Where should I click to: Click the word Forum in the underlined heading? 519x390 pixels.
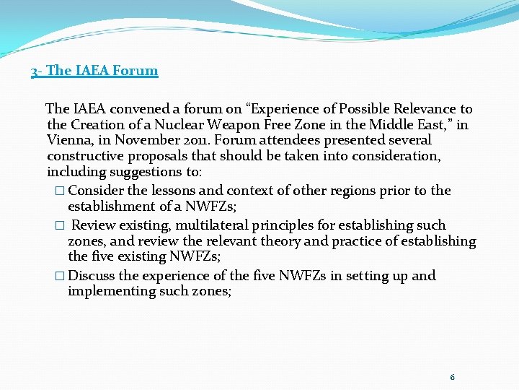coord(136,71)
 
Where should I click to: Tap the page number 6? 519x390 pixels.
coord(452,377)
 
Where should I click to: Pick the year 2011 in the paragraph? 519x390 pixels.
coord(198,141)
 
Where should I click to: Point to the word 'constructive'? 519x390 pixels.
coord(85,157)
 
